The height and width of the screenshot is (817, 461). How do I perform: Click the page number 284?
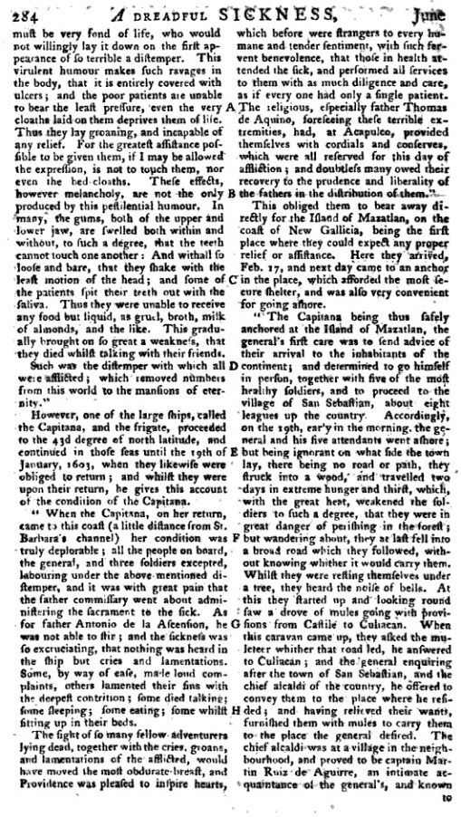(x=19, y=12)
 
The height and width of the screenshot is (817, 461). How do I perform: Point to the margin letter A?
(x=231, y=107)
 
